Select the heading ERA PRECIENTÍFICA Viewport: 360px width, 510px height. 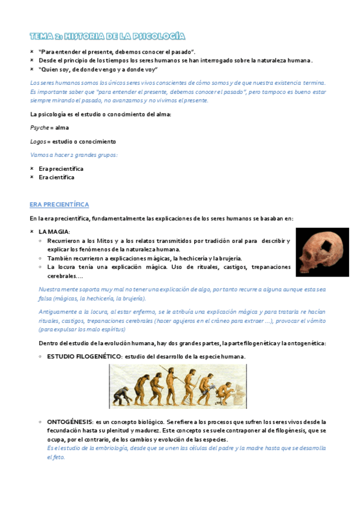[x=59, y=204]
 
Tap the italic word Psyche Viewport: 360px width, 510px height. [x=38, y=127]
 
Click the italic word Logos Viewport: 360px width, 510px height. [x=37, y=141]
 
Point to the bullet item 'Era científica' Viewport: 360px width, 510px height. [x=56, y=177]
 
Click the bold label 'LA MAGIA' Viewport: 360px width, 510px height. [x=54, y=232]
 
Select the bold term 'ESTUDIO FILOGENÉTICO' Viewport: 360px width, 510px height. [x=84, y=357]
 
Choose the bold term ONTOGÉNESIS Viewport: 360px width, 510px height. [x=70, y=422]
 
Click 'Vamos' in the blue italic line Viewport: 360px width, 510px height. [x=39, y=155]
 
